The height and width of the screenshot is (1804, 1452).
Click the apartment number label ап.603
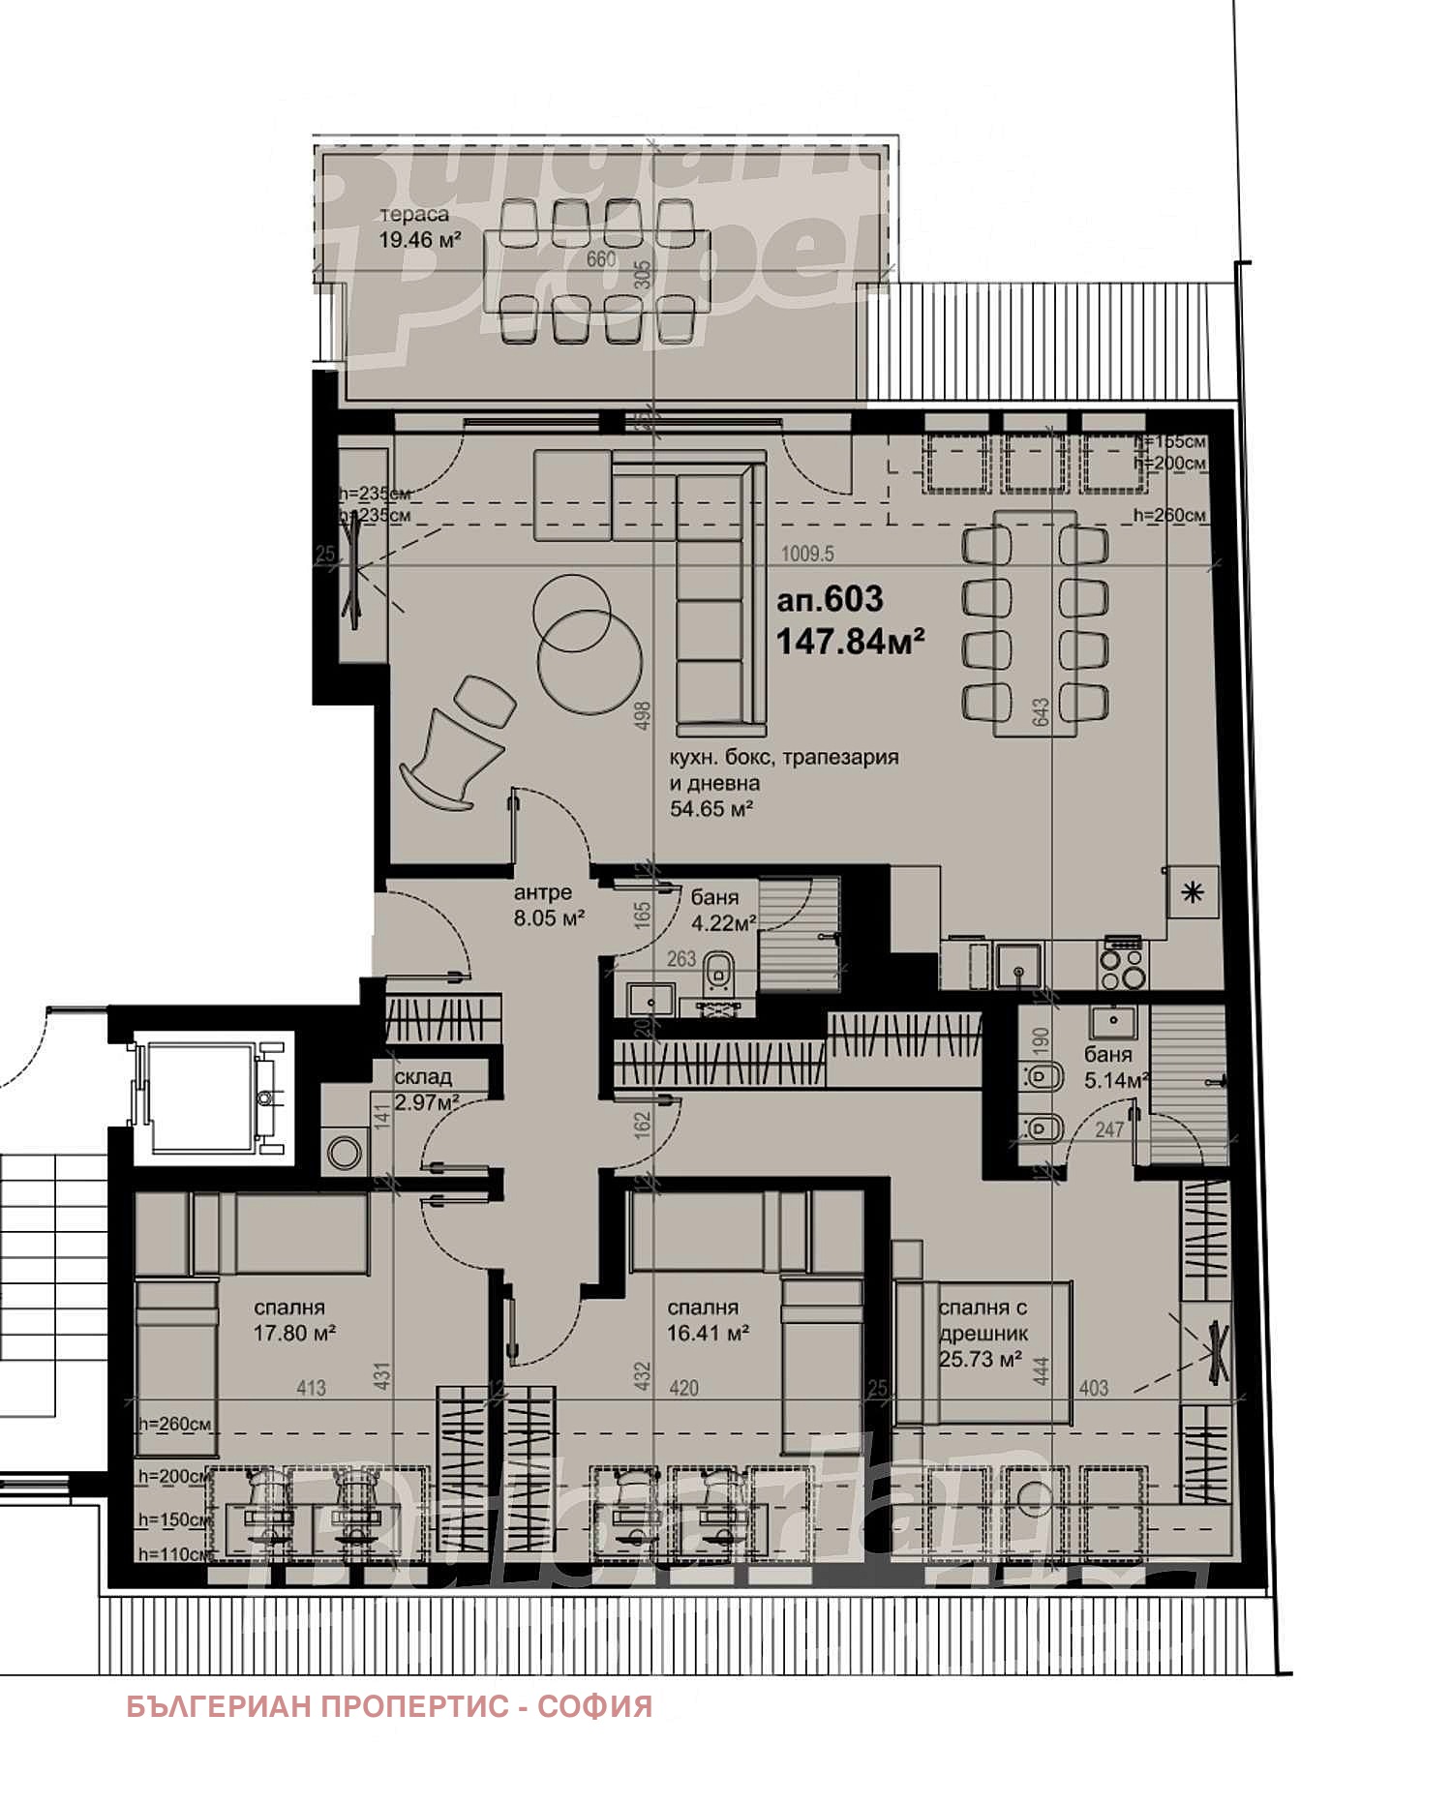(830, 599)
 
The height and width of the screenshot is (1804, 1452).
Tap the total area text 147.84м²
(850, 641)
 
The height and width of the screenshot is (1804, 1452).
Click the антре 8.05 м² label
(547, 905)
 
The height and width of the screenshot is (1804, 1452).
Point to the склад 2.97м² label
(425, 1089)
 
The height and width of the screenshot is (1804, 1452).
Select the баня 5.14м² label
(1115, 1067)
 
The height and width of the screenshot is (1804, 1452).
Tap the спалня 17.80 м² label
(293, 1320)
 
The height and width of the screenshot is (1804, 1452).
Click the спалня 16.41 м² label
(707, 1320)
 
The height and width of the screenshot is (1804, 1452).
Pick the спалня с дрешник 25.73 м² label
(983, 1333)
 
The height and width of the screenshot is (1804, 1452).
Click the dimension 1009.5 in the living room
(807, 554)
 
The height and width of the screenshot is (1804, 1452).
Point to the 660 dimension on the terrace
(600, 259)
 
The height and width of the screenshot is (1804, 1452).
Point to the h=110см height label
(172, 1553)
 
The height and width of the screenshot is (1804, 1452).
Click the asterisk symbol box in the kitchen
(1194, 891)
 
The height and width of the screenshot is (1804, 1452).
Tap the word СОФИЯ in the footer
(594, 1705)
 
